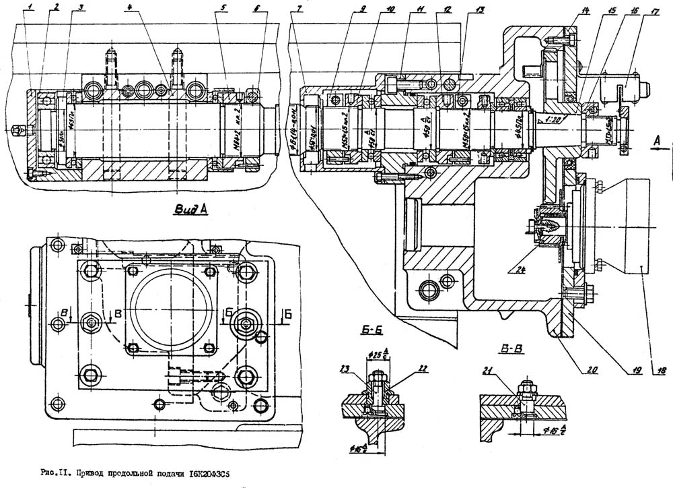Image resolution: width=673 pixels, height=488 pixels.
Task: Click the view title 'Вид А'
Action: click(x=190, y=210)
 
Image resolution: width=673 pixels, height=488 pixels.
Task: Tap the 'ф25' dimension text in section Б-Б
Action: click(x=375, y=355)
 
